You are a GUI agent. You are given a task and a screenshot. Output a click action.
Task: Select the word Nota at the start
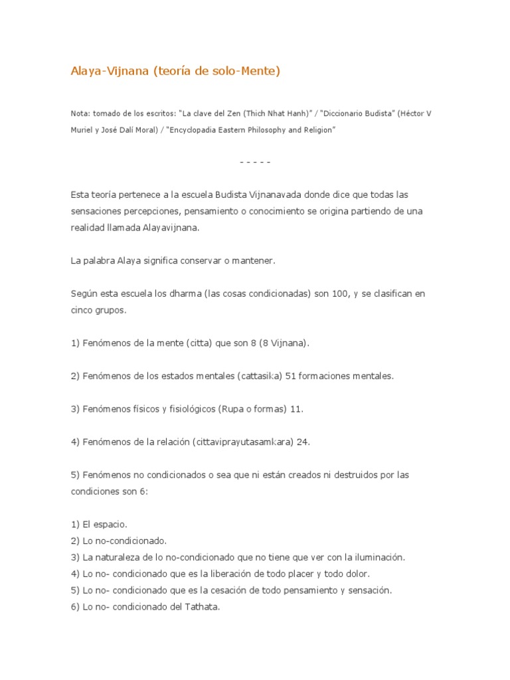pos(80,114)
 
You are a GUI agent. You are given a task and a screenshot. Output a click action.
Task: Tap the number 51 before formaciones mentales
pos(290,376)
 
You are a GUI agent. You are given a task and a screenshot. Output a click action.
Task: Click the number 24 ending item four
pos(302,442)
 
